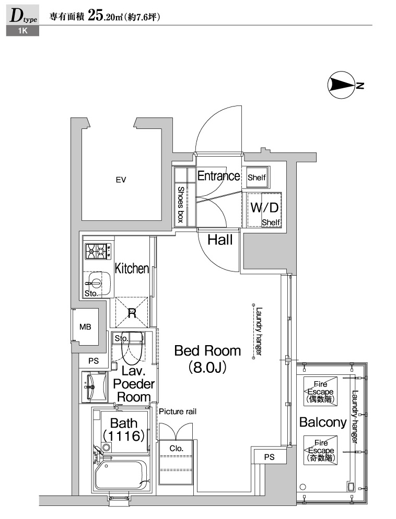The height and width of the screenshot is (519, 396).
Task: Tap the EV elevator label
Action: coord(121,180)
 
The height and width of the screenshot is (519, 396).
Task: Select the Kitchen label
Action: coord(132,268)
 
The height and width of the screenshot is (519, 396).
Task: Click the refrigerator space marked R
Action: coord(132,313)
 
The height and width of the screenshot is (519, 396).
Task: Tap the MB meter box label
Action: coord(85,327)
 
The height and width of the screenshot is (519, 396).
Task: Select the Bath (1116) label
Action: coord(124,430)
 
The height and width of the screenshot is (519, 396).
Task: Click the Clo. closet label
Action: coord(176,449)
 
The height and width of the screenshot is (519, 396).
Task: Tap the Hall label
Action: coord(220,240)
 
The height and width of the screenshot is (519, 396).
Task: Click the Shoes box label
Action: coord(181,204)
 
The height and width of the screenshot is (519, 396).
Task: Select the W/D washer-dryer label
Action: coord(264,207)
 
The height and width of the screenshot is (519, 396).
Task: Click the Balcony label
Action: coord(323,422)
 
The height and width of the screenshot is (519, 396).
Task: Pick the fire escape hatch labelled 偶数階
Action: coord(321,391)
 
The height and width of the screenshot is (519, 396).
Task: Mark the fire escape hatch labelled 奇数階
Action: coord(321,450)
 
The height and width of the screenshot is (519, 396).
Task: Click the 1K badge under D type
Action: coord(22,31)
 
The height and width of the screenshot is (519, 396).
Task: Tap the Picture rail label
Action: coord(178,411)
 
